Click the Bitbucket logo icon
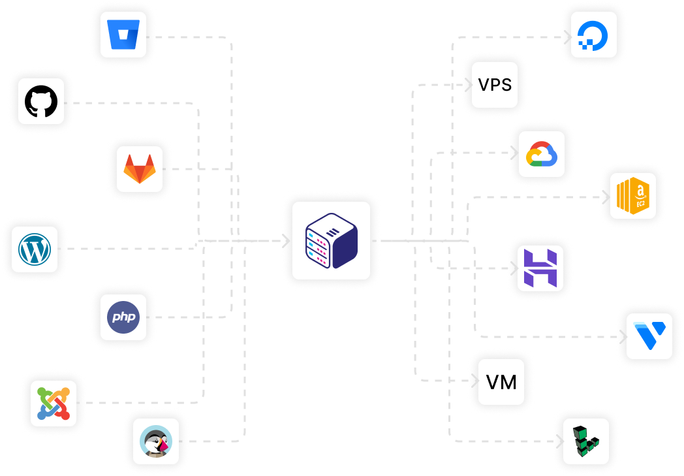[x=123, y=35]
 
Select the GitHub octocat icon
[x=41, y=101]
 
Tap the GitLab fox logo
[x=140, y=169]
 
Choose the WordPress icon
[x=35, y=249]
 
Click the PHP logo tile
[x=123, y=317]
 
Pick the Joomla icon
[x=54, y=404]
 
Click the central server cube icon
[x=331, y=241]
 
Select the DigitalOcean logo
[x=594, y=35]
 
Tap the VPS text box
[x=495, y=85]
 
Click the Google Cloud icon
[x=542, y=154]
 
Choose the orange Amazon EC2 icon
[x=633, y=196]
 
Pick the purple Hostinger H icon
[x=540, y=268]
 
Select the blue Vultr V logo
[x=649, y=336]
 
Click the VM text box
[x=501, y=382]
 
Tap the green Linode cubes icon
[x=586, y=441]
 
